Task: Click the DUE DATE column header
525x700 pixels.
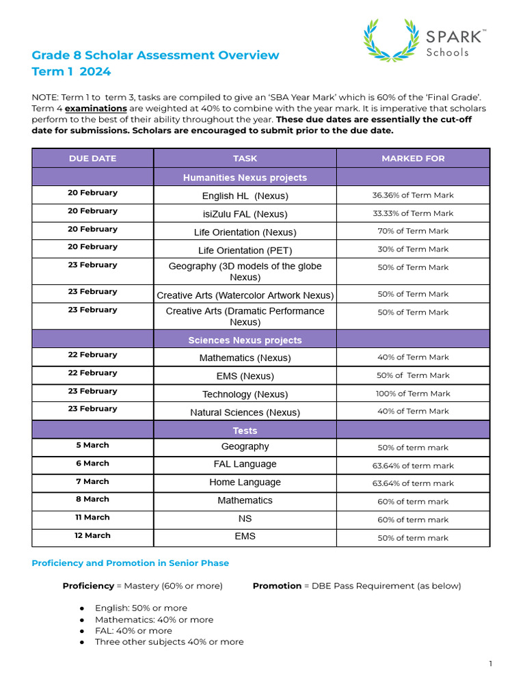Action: click(x=92, y=158)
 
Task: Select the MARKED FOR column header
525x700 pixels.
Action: click(x=413, y=158)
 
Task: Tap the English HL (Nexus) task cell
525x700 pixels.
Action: click(x=245, y=196)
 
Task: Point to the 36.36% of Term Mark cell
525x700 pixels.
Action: click(x=413, y=195)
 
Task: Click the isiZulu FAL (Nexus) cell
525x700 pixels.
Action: click(x=245, y=214)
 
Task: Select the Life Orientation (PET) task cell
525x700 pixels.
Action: click(x=245, y=250)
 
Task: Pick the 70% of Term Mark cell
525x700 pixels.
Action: click(x=413, y=231)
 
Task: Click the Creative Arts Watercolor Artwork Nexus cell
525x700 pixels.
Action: click(x=245, y=295)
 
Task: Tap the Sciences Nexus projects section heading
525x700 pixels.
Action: click(x=245, y=340)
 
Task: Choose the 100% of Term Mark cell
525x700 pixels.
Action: click(x=413, y=393)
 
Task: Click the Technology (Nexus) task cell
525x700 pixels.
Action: click(x=245, y=394)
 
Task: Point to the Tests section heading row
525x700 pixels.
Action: click(x=245, y=430)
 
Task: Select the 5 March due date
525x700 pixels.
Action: click(x=92, y=445)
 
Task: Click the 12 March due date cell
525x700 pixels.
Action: click(x=92, y=535)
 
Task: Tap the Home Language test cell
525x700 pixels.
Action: click(x=245, y=482)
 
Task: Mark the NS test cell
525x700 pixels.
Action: click(x=245, y=518)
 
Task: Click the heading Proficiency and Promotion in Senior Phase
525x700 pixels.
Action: click(x=131, y=563)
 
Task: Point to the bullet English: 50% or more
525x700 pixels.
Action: click(x=141, y=608)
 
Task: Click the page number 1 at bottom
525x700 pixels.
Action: click(x=490, y=664)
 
